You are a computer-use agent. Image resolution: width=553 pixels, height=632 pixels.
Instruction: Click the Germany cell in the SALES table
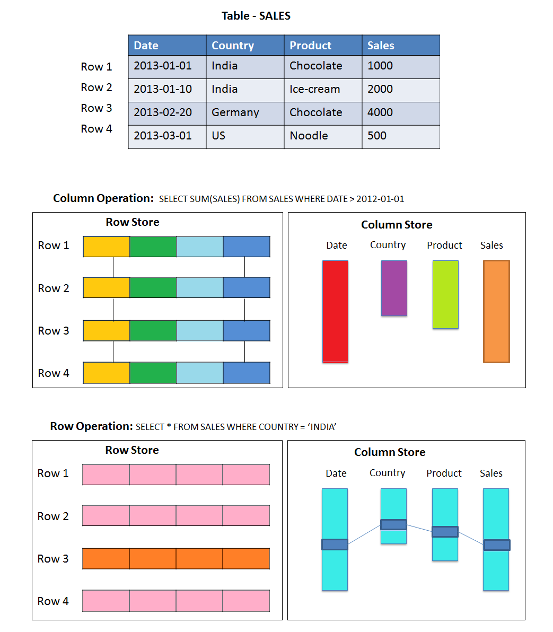point(235,113)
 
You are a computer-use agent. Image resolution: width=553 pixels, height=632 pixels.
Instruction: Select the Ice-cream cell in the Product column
point(314,89)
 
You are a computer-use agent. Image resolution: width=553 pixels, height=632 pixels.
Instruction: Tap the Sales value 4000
point(380,113)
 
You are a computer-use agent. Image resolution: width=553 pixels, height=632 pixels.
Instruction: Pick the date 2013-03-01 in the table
point(163,136)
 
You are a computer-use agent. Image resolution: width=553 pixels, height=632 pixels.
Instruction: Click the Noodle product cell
point(309,136)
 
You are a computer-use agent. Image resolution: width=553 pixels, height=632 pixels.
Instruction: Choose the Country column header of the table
point(233,46)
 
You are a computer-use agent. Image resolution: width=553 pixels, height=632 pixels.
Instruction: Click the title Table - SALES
point(256,16)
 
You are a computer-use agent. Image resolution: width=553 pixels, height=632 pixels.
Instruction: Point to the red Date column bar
point(335,311)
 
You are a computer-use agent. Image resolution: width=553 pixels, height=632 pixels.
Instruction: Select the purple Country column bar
point(394,288)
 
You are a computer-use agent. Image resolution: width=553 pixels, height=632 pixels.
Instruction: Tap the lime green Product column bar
point(445,294)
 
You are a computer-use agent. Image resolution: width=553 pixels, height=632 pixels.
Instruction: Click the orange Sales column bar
point(496,311)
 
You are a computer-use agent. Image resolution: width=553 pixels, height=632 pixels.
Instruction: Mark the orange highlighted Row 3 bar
point(176,558)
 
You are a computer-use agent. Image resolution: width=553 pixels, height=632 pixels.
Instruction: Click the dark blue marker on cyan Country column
point(394,524)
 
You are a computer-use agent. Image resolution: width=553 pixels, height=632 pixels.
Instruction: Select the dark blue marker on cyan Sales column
point(496,545)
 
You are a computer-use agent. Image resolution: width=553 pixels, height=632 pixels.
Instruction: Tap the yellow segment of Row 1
point(107,247)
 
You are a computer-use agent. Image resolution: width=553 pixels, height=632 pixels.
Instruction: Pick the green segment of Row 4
point(153,373)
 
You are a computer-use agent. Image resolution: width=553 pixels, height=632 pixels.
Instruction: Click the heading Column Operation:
point(103,198)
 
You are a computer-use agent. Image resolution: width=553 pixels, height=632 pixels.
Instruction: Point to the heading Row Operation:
point(91,426)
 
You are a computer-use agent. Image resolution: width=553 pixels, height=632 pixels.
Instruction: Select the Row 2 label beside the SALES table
point(96,87)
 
